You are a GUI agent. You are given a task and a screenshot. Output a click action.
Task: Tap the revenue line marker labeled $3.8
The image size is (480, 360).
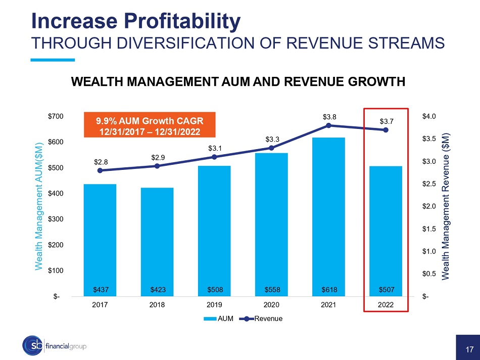328,125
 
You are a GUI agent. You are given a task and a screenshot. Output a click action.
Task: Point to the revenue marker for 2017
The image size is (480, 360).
100,170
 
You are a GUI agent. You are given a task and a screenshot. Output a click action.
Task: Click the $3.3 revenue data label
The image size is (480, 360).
271,139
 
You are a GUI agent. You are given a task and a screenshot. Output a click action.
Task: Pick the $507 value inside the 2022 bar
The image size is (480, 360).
386,290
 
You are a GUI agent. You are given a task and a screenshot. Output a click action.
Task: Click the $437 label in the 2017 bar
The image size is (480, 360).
100,290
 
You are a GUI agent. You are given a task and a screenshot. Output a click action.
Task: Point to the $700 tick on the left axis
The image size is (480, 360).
56,116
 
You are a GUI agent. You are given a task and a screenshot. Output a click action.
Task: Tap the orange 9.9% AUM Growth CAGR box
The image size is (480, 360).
149,124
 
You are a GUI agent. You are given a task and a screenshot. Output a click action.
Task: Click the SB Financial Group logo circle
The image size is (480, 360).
33,345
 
